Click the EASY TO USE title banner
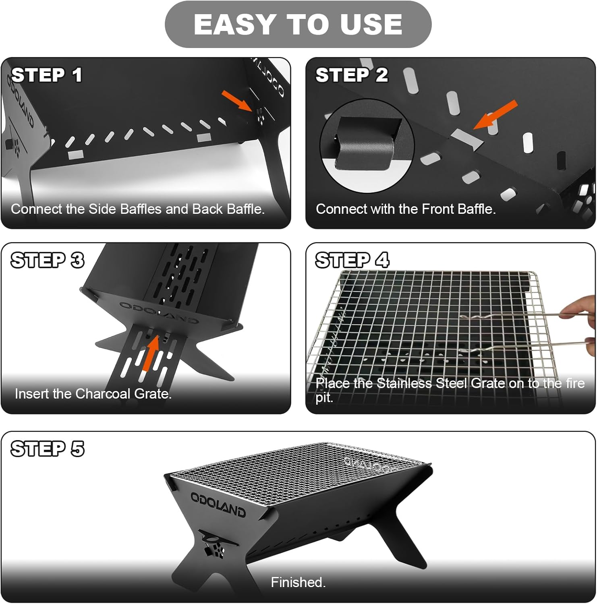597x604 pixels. point(298,24)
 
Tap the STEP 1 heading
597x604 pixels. point(47,75)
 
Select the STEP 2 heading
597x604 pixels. point(352,75)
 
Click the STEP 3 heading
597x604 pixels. point(48,260)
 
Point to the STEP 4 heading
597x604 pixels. point(352,260)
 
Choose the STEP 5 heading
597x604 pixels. point(48,449)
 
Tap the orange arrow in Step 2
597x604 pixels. point(495,115)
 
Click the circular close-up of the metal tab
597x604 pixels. point(367,145)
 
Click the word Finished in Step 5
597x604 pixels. point(298,582)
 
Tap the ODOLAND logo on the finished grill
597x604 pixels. point(218,504)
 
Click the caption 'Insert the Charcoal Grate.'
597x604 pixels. point(93,393)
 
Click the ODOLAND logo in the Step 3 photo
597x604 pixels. point(159,312)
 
